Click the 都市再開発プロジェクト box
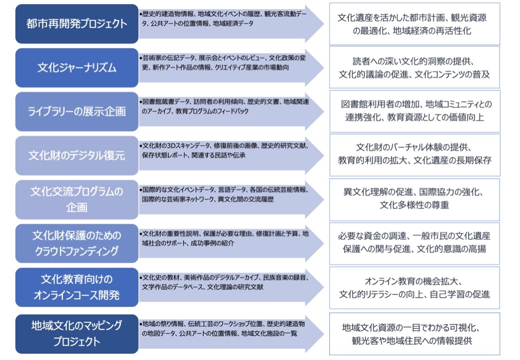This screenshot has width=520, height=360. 77,24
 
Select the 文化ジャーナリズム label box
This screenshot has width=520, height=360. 77,68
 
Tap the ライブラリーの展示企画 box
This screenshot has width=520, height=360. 77,112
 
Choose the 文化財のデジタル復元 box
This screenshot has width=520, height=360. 77,155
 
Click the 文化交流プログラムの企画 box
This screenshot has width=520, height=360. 77,199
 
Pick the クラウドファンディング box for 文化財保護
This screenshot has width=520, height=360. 77,243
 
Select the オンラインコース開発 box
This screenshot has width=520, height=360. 77,287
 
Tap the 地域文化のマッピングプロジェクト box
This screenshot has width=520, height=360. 77,334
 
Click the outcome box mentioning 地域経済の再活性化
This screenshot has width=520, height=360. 414,24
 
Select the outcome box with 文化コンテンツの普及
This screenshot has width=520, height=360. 414,67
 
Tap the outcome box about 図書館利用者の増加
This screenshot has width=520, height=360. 414,111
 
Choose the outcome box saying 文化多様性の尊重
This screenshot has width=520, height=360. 414,199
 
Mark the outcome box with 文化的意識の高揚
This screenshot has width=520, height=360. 414,243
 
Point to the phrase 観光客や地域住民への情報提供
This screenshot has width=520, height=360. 412,341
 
